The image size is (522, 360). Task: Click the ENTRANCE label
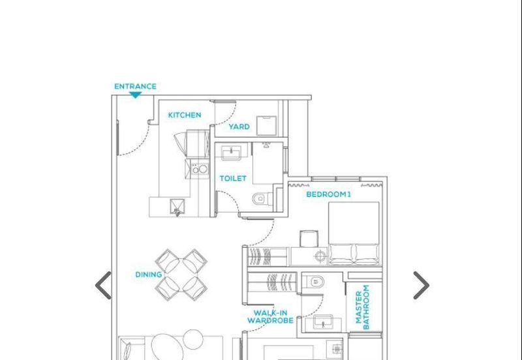click(135, 87)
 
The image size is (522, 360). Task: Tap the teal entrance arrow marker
click(136, 95)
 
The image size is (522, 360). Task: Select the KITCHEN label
click(185, 115)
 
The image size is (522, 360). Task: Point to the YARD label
click(239, 127)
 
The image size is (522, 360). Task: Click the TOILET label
click(233, 178)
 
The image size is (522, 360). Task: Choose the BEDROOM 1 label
click(328, 194)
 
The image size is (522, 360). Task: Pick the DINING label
click(149, 275)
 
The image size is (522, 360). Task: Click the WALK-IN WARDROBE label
click(270, 317)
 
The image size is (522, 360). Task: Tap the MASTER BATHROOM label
click(363, 307)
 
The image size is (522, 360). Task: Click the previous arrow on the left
click(103, 286)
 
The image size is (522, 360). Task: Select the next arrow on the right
click(422, 286)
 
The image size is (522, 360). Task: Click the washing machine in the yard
click(266, 125)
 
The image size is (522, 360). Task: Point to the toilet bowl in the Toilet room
click(262, 199)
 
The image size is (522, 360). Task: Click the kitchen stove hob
click(200, 169)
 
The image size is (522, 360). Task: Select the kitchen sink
click(177, 207)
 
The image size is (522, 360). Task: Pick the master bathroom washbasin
click(322, 322)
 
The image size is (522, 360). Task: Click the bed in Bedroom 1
click(354, 233)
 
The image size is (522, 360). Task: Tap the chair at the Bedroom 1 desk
click(309, 239)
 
